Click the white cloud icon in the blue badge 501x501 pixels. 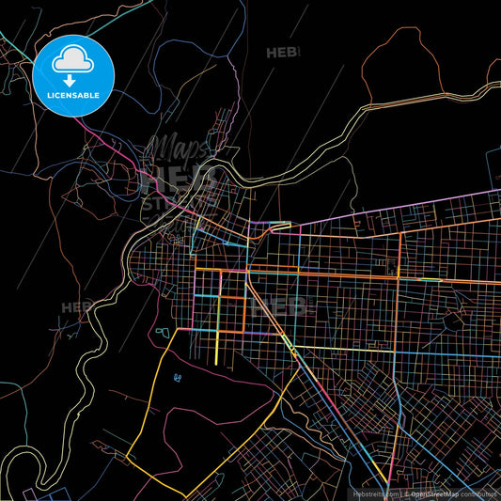(73, 60)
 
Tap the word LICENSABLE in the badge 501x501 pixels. (73, 96)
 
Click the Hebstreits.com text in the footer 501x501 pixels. (375, 493)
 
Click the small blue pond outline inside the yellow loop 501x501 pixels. (178, 378)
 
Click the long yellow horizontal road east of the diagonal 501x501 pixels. (395, 352)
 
